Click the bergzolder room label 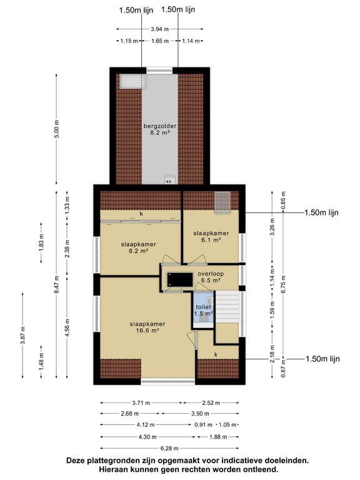tap(160, 126)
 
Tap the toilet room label tap(203, 307)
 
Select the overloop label tap(211, 274)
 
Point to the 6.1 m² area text tap(211, 240)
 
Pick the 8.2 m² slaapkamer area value tap(138, 251)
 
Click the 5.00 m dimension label tap(57, 129)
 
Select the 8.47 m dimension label tap(57, 285)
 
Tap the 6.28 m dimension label tap(169, 449)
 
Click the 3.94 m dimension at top tap(159, 29)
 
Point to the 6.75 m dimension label tap(284, 284)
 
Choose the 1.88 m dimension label tap(218, 437)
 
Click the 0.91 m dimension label tap(203, 424)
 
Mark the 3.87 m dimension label tap(22, 336)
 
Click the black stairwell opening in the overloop tap(180, 279)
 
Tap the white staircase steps tap(227, 306)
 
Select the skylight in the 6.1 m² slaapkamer tap(222, 202)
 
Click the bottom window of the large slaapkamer tap(167, 382)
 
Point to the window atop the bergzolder tap(159, 70)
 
